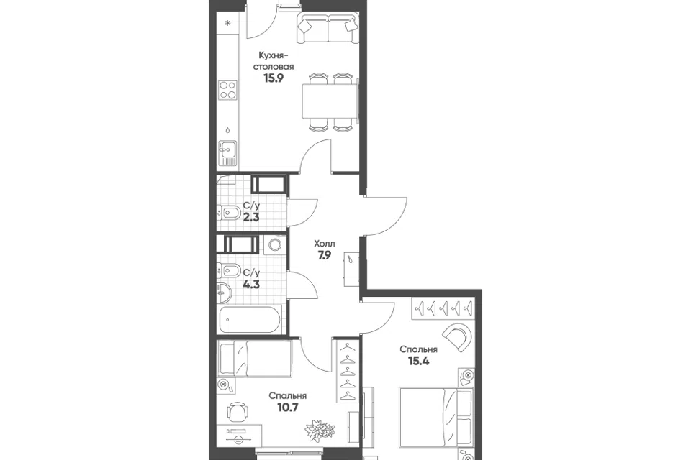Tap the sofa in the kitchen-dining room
click(328, 28)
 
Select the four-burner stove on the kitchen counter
click(228, 91)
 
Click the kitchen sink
click(228, 153)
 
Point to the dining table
click(329, 101)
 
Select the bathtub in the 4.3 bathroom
click(250, 320)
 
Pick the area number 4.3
click(251, 284)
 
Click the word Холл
click(325, 244)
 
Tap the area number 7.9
click(325, 255)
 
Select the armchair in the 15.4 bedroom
click(459, 336)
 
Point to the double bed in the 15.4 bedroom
click(435, 416)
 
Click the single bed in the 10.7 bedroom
click(255, 359)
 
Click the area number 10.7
click(288, 408)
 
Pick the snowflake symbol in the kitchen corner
click(228, 23)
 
